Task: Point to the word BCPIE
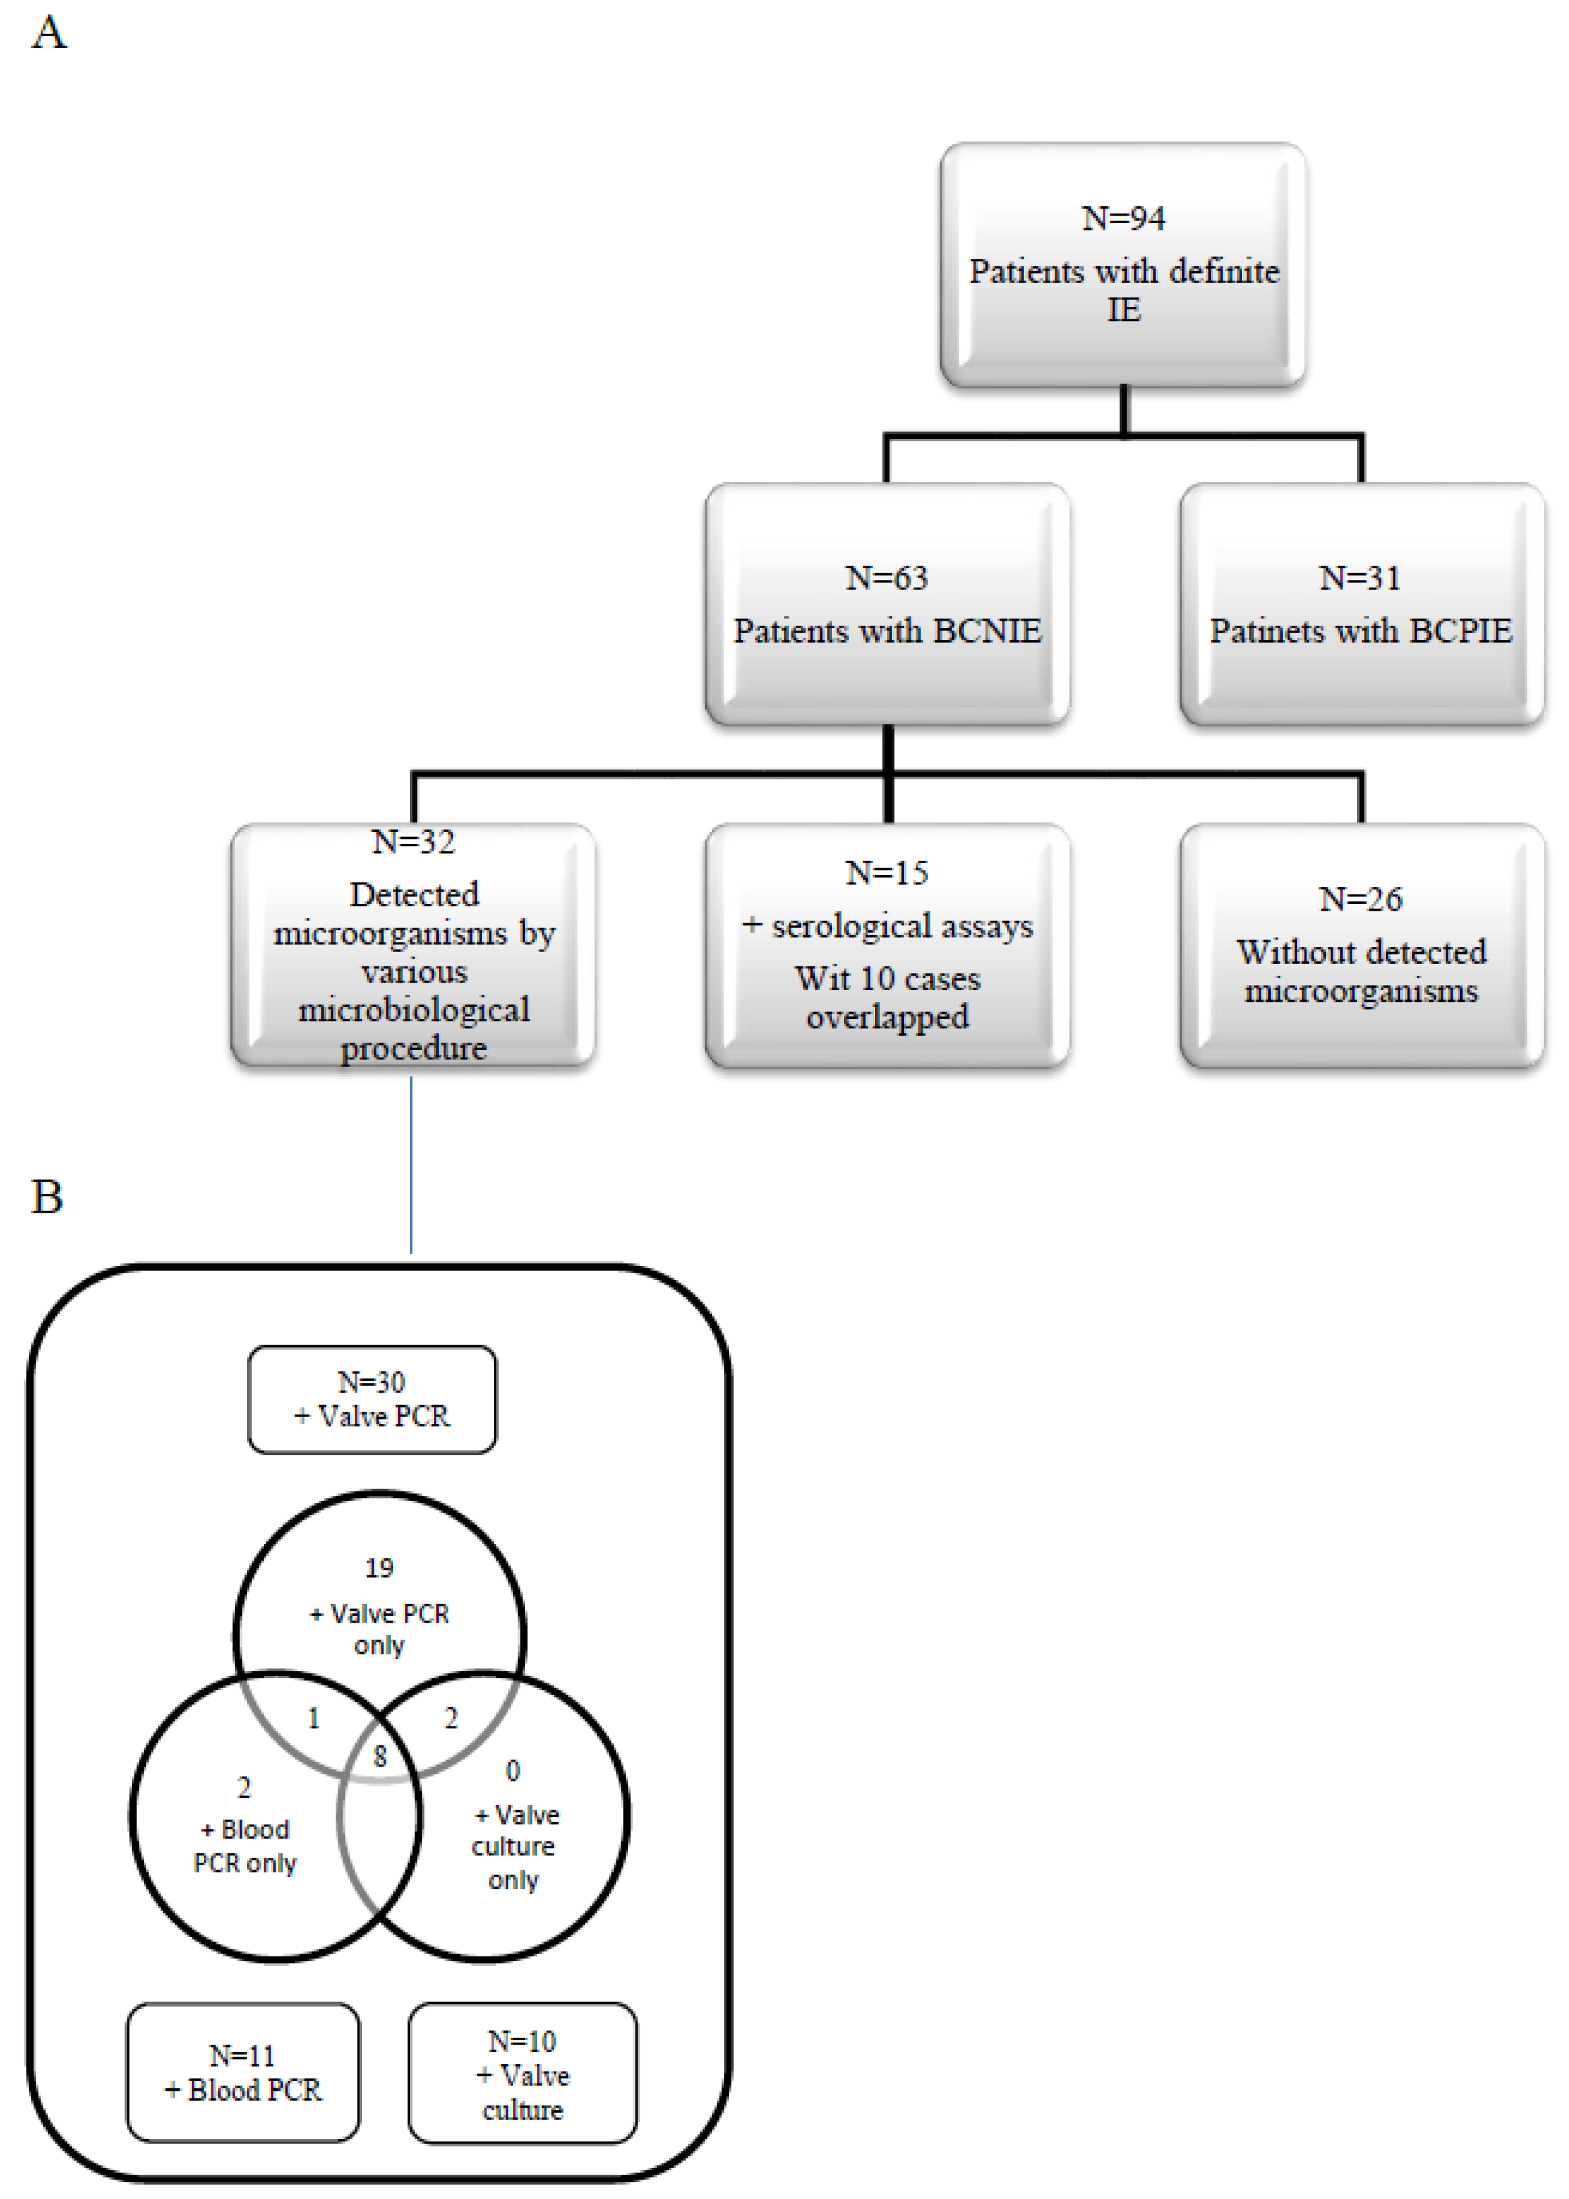pos(1460,631)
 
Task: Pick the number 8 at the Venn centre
pos(379,1756)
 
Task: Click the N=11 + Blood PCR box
pos(243,2073)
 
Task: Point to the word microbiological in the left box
pos(414,1009)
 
